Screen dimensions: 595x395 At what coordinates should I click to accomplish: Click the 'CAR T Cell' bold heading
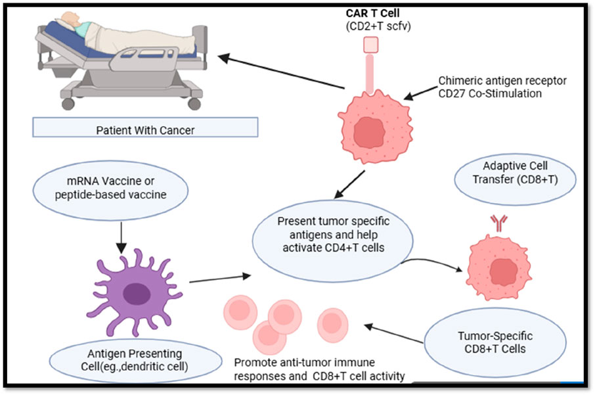(372, 13)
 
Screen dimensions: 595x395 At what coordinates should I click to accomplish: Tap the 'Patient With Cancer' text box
(145, 127)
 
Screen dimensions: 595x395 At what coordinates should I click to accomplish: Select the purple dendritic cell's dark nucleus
(137, 294)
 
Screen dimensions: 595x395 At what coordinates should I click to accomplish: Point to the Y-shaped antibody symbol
(498, 223)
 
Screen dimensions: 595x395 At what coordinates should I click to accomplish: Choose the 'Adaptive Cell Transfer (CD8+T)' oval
(515, 179)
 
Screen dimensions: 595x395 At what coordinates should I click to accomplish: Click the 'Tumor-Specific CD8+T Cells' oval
(495, 343)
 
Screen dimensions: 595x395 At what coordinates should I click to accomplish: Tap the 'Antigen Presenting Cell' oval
(135, 360)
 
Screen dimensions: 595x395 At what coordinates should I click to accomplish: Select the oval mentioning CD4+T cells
(333, 241)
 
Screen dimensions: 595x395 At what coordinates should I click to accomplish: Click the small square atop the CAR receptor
(371, 45)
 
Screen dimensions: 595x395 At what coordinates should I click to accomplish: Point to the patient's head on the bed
(70, 18)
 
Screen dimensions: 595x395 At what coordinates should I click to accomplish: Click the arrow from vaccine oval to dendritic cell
(121, 237)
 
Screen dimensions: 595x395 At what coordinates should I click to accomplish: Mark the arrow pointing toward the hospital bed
(281, 72)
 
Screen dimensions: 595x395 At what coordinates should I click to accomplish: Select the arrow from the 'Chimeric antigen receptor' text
(420, 93)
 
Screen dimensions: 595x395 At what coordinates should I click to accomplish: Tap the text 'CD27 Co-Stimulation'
(490, 94)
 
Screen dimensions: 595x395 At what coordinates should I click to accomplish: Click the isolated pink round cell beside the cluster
(333, 325)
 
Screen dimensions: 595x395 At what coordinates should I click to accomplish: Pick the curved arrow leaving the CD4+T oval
(432, 263)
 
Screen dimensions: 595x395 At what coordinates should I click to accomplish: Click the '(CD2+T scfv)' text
(378, 26)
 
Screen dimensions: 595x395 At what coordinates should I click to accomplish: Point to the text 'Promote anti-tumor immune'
(304, 363)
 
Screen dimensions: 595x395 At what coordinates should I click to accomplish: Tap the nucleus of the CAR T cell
(369, 133)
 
